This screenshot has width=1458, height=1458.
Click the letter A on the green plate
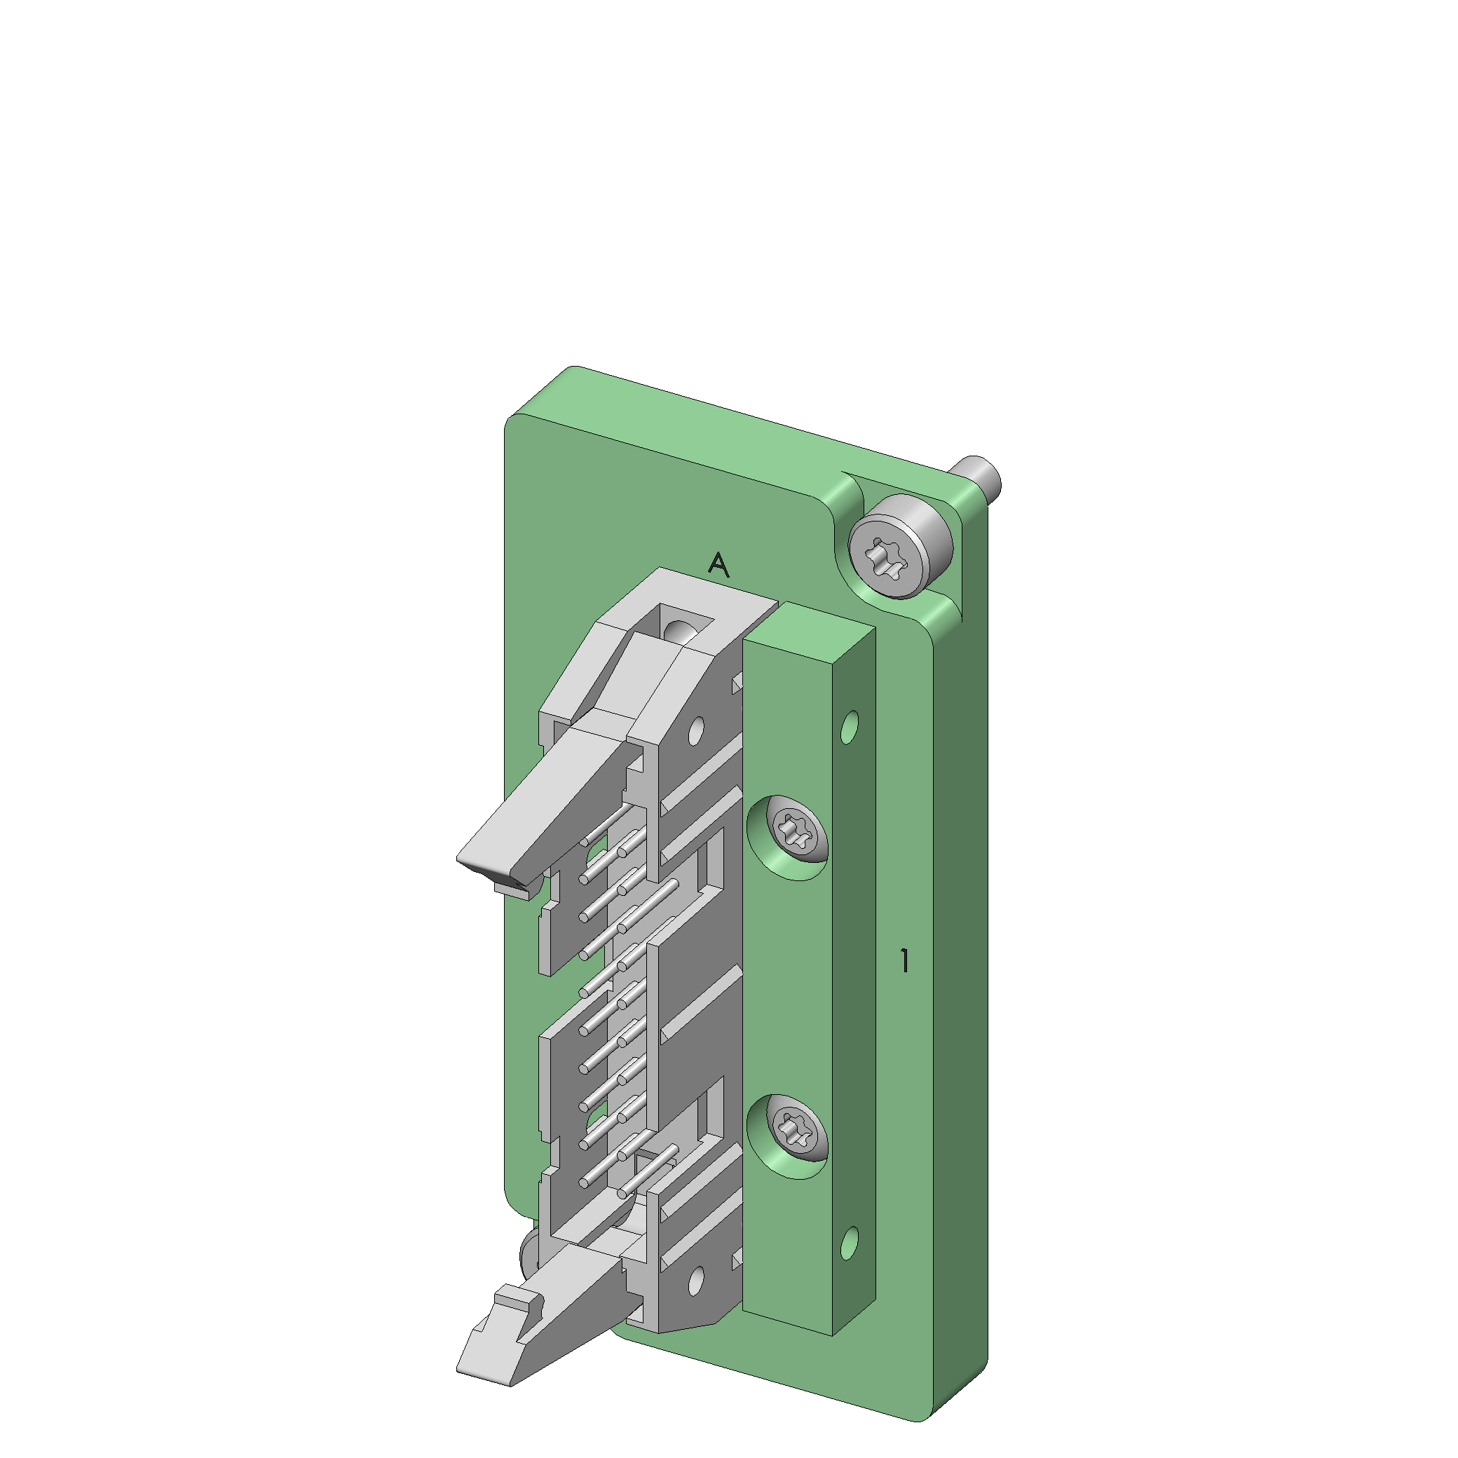click(718, 564)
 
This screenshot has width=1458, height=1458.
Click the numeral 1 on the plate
click(904, 961)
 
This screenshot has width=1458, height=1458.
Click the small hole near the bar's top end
click(850, 727)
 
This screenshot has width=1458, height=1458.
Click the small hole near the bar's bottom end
click(850, 1244)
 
